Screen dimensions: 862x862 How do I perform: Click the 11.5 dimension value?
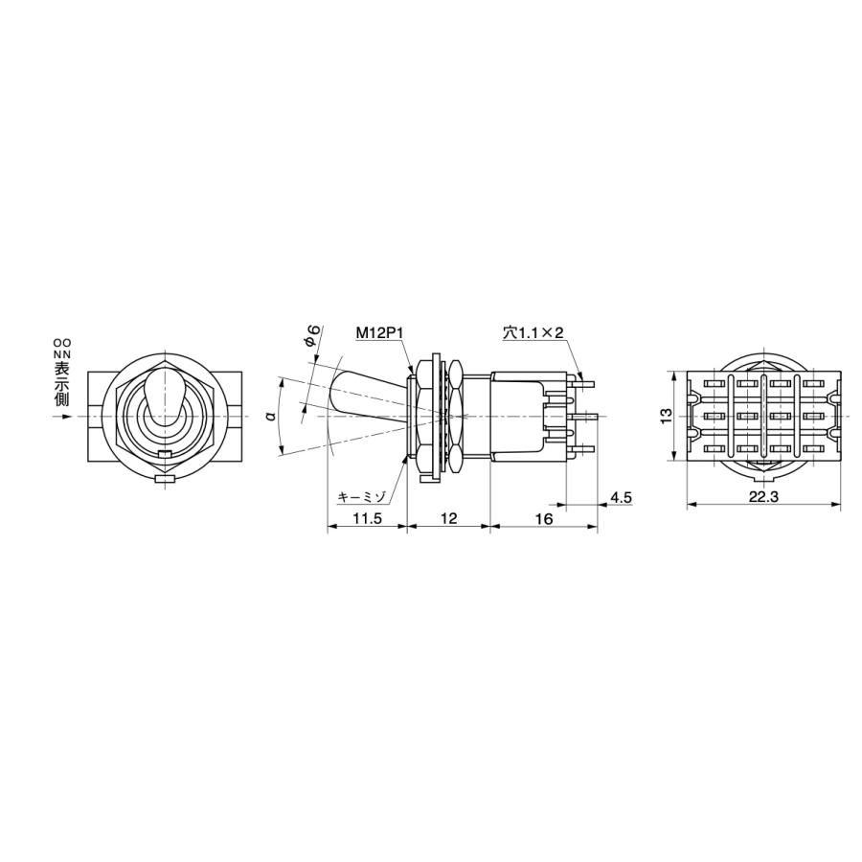point(367,518)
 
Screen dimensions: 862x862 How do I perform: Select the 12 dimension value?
point(448,518)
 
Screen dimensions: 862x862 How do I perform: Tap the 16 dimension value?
point(543,518)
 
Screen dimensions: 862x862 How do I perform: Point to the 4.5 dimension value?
point(622,497)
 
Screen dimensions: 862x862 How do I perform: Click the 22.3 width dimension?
point(763,496)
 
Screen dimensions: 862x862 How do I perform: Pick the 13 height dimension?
point(666,416)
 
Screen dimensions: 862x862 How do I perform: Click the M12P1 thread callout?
point(380,332)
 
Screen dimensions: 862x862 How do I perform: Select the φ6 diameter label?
point(311,335)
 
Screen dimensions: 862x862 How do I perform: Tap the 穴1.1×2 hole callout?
point(533,332)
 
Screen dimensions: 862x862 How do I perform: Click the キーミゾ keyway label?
point(362,497)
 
